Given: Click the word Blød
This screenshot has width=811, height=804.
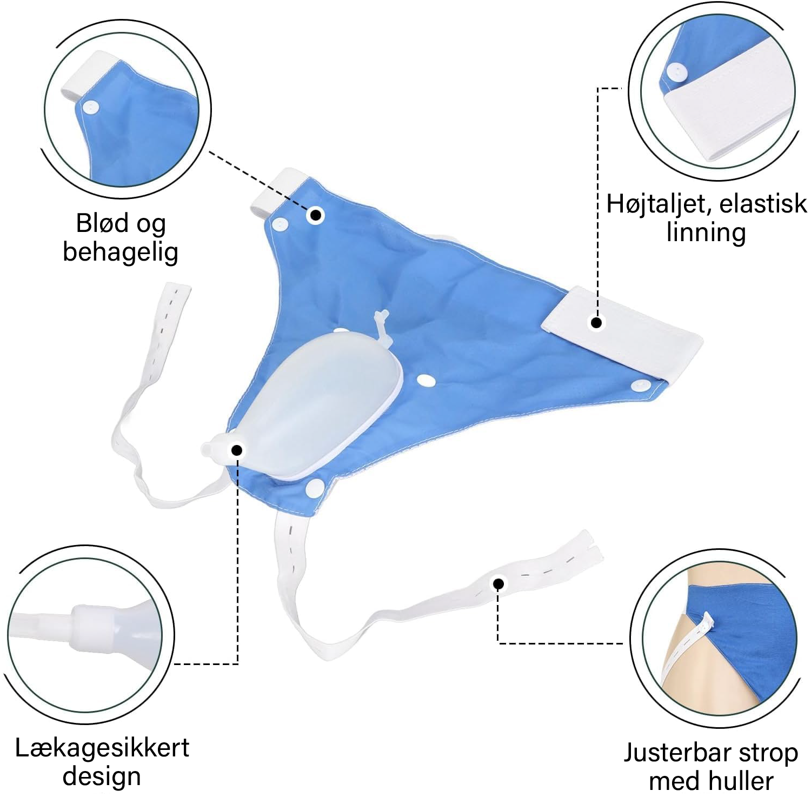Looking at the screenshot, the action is (x=102, y=223).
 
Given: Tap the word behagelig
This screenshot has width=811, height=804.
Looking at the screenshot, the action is (x=121, y=253).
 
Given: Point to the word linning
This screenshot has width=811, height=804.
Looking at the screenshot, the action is (x=706, y=233).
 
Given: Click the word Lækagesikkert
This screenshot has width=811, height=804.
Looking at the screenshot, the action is (x=102, y=748).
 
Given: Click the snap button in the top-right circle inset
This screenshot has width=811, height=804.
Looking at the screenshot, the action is (x=675, y=71).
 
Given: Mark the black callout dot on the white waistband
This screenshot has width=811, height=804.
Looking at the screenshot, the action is (x=596, y=323).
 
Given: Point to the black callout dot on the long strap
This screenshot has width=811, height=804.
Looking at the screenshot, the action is (x=499, y=583).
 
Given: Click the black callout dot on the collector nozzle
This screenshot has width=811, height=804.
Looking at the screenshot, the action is (x=236, y=450).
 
